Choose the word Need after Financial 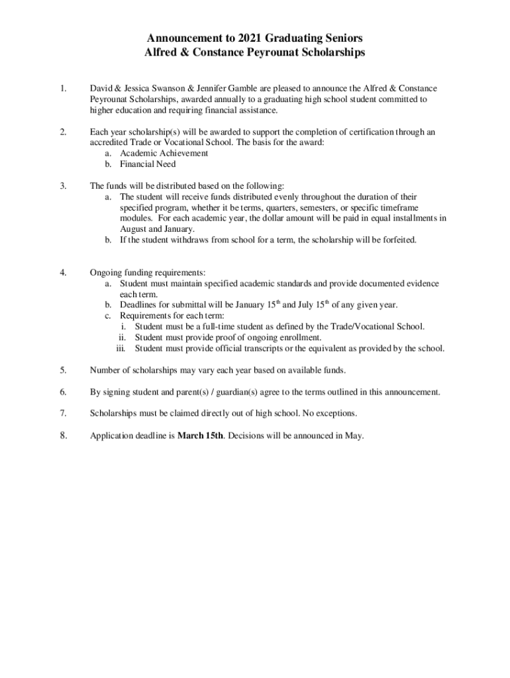[x=166, y=164]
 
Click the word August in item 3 [x=134, y=228]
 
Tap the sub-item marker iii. [x=121, y=348]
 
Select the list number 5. [x=63, y=370]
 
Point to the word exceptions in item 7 [x=336, y=414]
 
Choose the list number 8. [x=63, y=436]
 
